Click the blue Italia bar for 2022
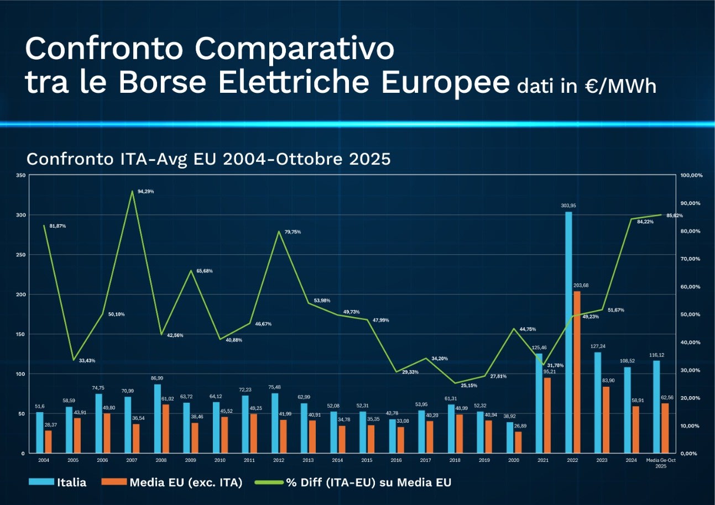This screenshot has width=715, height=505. (x=568, y=332)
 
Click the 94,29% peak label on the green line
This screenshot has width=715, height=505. (x=145, y=191)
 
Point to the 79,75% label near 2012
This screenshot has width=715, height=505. (x=293, y=232)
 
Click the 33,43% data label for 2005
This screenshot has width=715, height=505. (x=87, y=360)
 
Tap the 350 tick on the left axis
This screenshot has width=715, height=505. (x=20, y=175)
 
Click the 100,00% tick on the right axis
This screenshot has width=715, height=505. (x=691, y=175)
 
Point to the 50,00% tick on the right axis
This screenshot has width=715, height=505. (x=691, y=314)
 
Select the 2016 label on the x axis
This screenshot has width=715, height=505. (x=396, y=460)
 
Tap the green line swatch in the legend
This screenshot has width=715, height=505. (x=269, y=482)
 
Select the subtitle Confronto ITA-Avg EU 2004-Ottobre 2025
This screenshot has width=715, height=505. (x=208, y=159)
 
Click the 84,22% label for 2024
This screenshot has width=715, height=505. (x=645, y=222)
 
